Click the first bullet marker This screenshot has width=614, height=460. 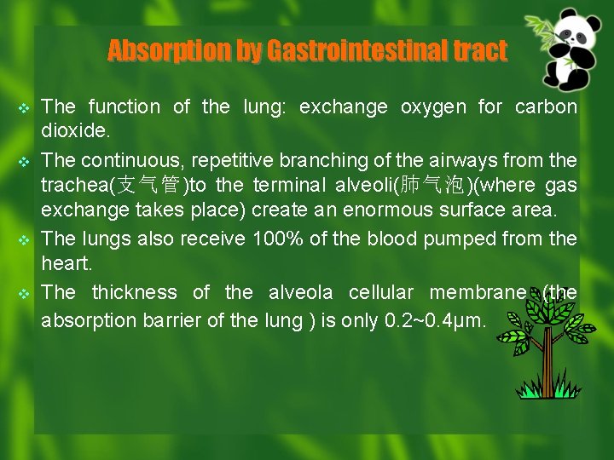pyautogui.click(x=24, y=108)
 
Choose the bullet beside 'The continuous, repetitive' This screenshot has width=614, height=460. pyautogui.click(x=24, y=161)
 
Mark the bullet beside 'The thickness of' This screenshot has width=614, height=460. pyautogui.click(x=24, y=294)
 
